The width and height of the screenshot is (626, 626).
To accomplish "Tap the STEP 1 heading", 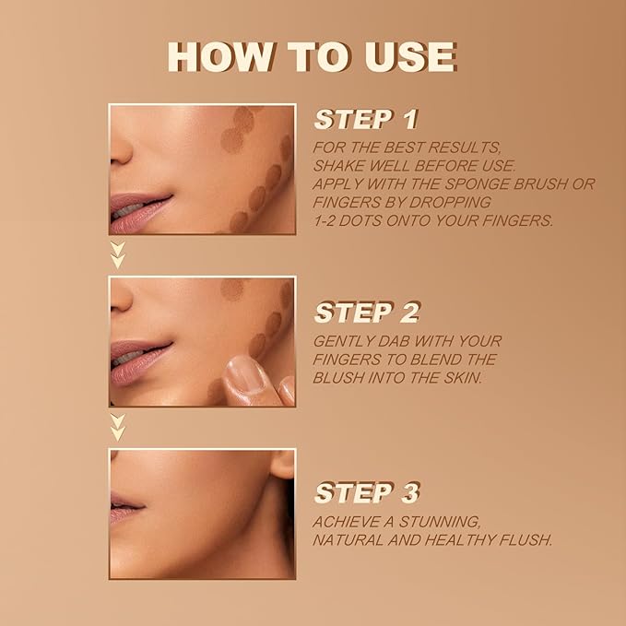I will coord(366,120).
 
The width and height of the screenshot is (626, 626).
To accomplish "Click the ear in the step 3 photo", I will coord(283,466).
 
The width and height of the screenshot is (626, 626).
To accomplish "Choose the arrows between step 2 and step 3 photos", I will coord(117,426).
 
